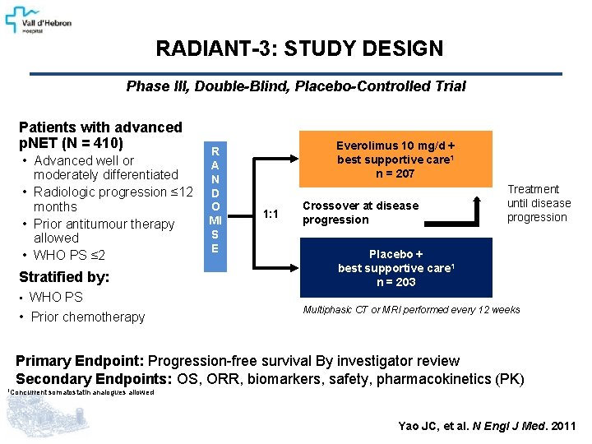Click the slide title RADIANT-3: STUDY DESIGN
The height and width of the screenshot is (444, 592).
pyautogui.click(x=299, y=49)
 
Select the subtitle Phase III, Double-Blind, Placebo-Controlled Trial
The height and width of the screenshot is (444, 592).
pyautogui.click(x=296, y=86)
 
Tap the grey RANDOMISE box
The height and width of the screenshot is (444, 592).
pyautogui.click(x=215, y=200)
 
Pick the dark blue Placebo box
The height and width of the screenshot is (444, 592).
pyautogui.click(x=395, y=268)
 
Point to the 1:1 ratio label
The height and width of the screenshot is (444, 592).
pyautogui.click(x=271, y=214)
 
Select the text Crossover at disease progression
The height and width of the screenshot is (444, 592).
pyautogui.click(x=360, y=212)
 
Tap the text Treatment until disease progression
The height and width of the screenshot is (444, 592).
pyautogui.click(x=538, y=203)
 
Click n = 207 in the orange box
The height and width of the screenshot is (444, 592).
pyautogui.click(x=396, y=173)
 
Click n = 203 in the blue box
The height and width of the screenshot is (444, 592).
pyautogui.click(x=396, y=282)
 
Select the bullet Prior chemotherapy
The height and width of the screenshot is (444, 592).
pyautogui.click(x=87, y=317)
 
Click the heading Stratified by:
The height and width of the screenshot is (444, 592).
pyautogui.click(x=64, y=276)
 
